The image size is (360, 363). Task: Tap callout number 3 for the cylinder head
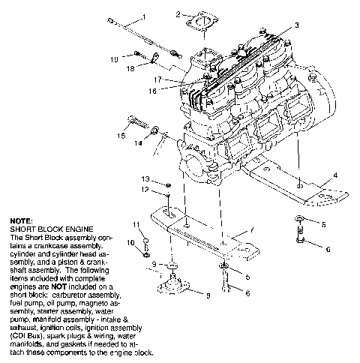pos(296,25)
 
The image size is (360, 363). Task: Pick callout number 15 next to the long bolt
pos(120,136)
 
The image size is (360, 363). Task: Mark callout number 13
pos(147,178)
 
